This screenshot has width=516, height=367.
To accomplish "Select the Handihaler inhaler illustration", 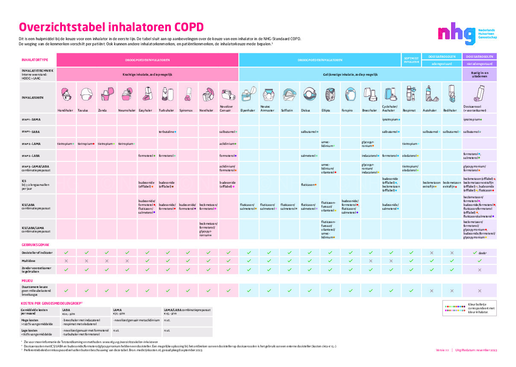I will [x=65, y=94].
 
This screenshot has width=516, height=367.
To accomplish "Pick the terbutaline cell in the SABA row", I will [x=167, y=132].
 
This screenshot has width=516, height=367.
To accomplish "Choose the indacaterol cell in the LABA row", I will [x=370, y=156].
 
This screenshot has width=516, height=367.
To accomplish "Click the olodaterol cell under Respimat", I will [x=410, y=156].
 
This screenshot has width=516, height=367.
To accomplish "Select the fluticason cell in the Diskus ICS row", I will [x=309, y=185].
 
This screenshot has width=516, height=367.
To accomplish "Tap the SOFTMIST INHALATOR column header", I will [x=411, y=60].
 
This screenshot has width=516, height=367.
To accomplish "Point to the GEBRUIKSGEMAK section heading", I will [x=35, y=245].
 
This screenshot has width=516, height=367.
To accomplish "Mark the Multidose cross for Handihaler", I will [x=66, y=261].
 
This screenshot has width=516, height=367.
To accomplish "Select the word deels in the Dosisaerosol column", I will [x=483, y=253].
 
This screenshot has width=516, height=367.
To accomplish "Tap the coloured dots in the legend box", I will [x=459, y=306].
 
